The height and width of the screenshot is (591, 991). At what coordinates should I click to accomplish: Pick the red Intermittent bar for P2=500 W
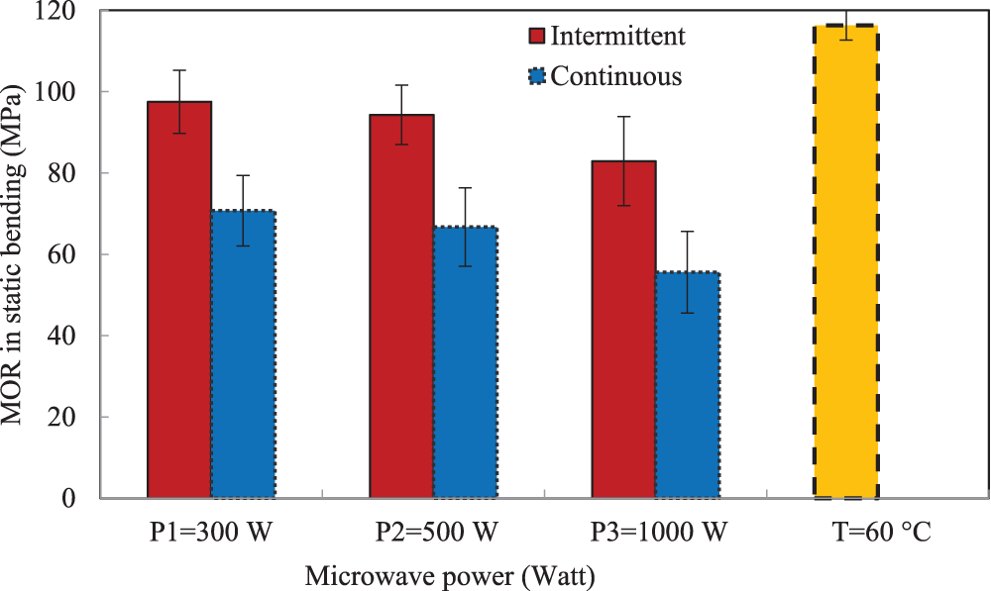tap(401, 306)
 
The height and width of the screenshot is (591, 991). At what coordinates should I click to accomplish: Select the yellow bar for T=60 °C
tap(845, 261)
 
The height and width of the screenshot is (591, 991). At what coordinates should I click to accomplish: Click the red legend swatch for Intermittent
tap(537, 37)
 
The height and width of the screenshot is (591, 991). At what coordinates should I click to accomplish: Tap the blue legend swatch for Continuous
tap(537, 75)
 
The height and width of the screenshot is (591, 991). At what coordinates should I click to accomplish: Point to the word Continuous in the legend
tap(616, 75)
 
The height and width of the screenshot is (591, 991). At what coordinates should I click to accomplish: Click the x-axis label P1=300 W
tap(209, 534)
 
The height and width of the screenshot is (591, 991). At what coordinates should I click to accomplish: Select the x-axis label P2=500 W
tap(436, 534)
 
